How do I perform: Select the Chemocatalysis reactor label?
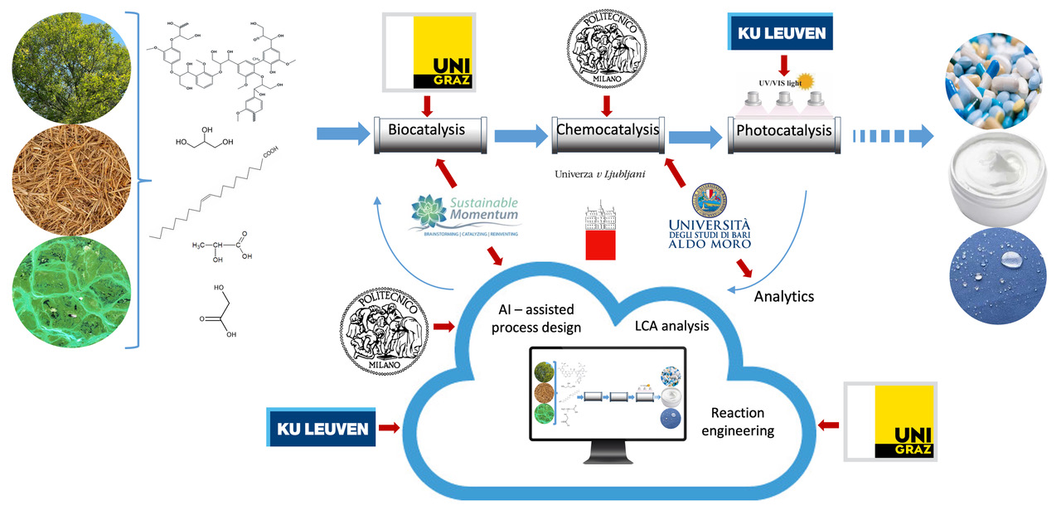[x=607, y=130]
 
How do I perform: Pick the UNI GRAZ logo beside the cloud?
[x=890, y=420]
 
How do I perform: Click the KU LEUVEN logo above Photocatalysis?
[x=780, y=35]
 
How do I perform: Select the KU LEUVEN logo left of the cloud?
[x=319, y=429]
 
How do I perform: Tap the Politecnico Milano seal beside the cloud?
[x=384, y=325]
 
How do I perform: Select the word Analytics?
[x=784, y=295]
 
